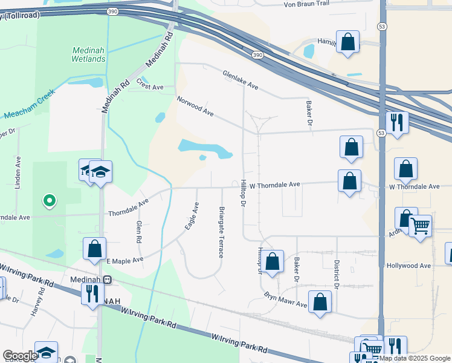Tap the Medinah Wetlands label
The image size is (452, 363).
[x=89, y=54]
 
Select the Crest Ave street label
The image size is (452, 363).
[x=150, y=84]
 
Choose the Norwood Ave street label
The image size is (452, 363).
[x=195, y=105]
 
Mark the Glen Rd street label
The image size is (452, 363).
[x=138, y=231]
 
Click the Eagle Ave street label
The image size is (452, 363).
[x=192, y=215]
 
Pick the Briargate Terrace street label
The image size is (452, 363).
[x=221, y=231]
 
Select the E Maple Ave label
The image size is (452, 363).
[x=125, y=260]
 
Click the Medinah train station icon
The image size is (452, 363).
[x=107, y=280]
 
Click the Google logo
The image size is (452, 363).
[x=20, y=356]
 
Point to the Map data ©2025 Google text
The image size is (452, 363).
[x=415, y=359]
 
